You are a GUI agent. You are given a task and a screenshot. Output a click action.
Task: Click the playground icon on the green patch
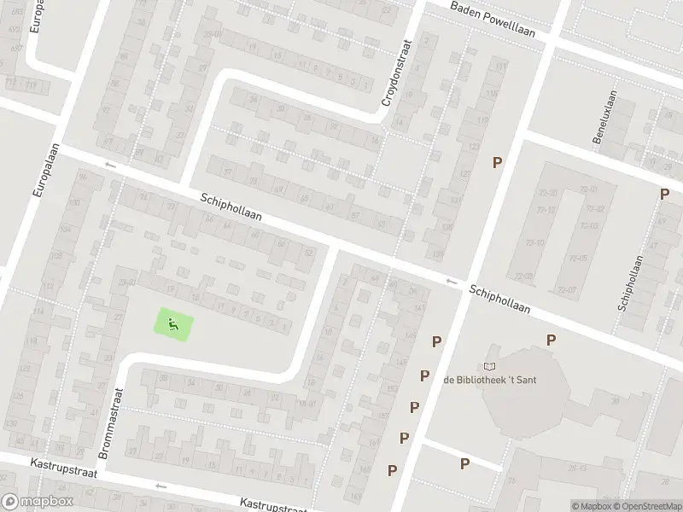click(173, 324)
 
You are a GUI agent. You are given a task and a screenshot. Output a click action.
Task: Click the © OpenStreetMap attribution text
click(645, 506)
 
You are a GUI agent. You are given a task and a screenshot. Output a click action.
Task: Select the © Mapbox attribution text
click(589, 506)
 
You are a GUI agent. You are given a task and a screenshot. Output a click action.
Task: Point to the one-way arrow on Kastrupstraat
click(161, 486)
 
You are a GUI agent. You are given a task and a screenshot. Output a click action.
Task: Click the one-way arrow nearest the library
click(451, 282)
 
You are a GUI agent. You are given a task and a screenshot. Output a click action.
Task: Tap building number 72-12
click(547, 210)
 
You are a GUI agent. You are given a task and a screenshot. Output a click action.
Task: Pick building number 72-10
click(536, 243)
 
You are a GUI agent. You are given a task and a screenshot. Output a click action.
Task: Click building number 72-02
click(595, 209)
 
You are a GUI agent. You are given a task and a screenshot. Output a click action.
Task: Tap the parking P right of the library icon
click(552, 340)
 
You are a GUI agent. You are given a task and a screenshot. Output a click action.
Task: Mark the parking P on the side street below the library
click(464, 463)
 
